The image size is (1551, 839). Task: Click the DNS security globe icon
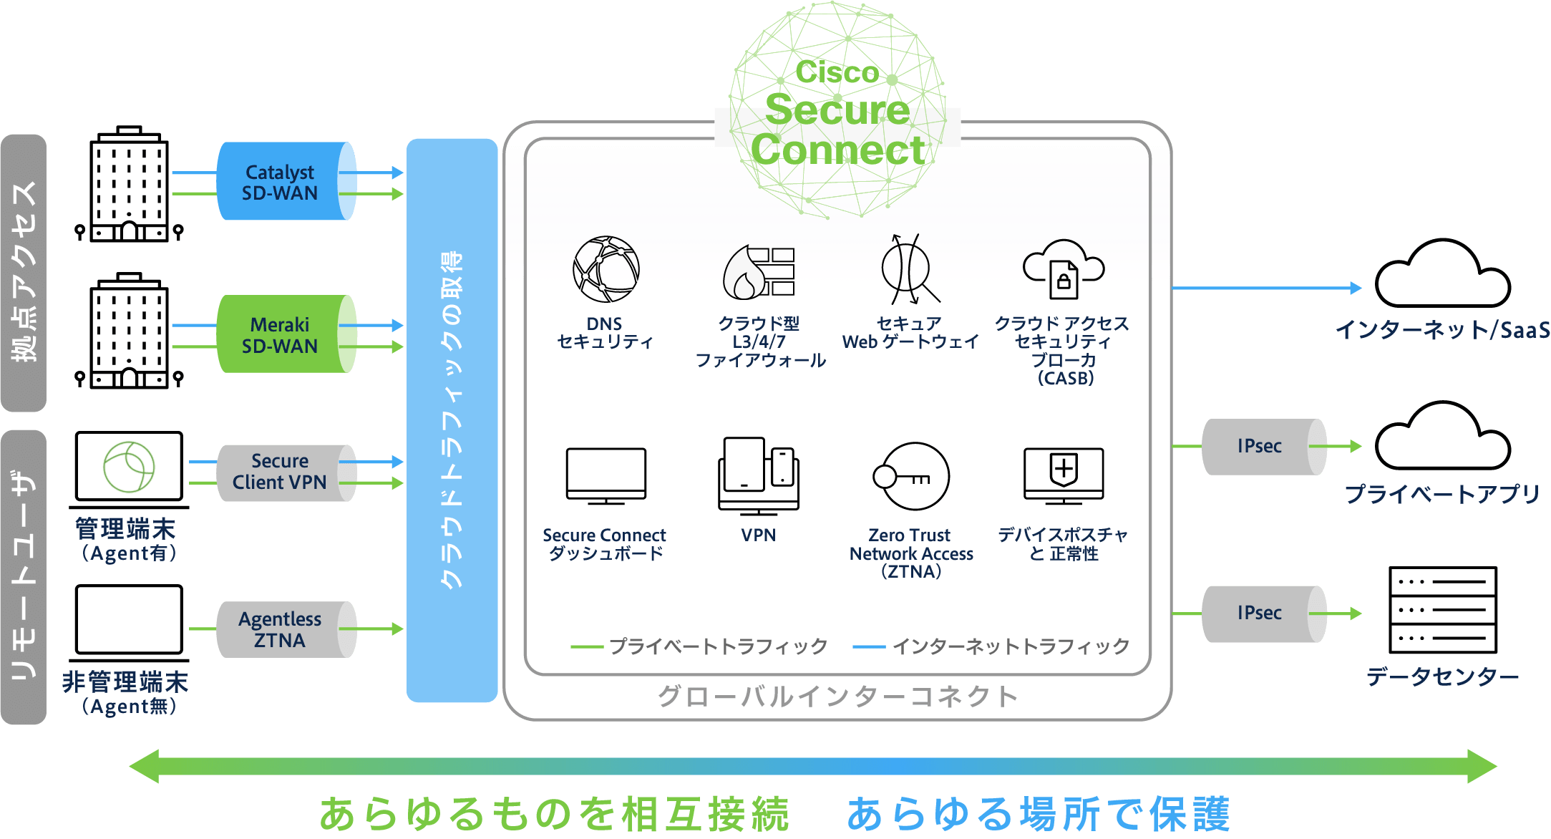(606, 269)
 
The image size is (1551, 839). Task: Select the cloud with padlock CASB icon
(1064, 269)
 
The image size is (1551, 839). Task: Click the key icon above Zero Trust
(911, 476)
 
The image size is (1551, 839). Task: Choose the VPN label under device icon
(758, 535)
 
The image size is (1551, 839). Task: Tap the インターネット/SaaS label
(1441, 330)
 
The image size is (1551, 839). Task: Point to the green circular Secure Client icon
(129, 467)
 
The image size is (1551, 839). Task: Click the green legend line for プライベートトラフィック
(587, 647)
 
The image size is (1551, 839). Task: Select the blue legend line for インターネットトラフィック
(869, 647)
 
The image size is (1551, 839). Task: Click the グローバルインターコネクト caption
(837, 696)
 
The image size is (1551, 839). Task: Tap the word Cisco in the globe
(837, 72)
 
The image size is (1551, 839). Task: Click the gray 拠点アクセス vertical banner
(24, 272)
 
